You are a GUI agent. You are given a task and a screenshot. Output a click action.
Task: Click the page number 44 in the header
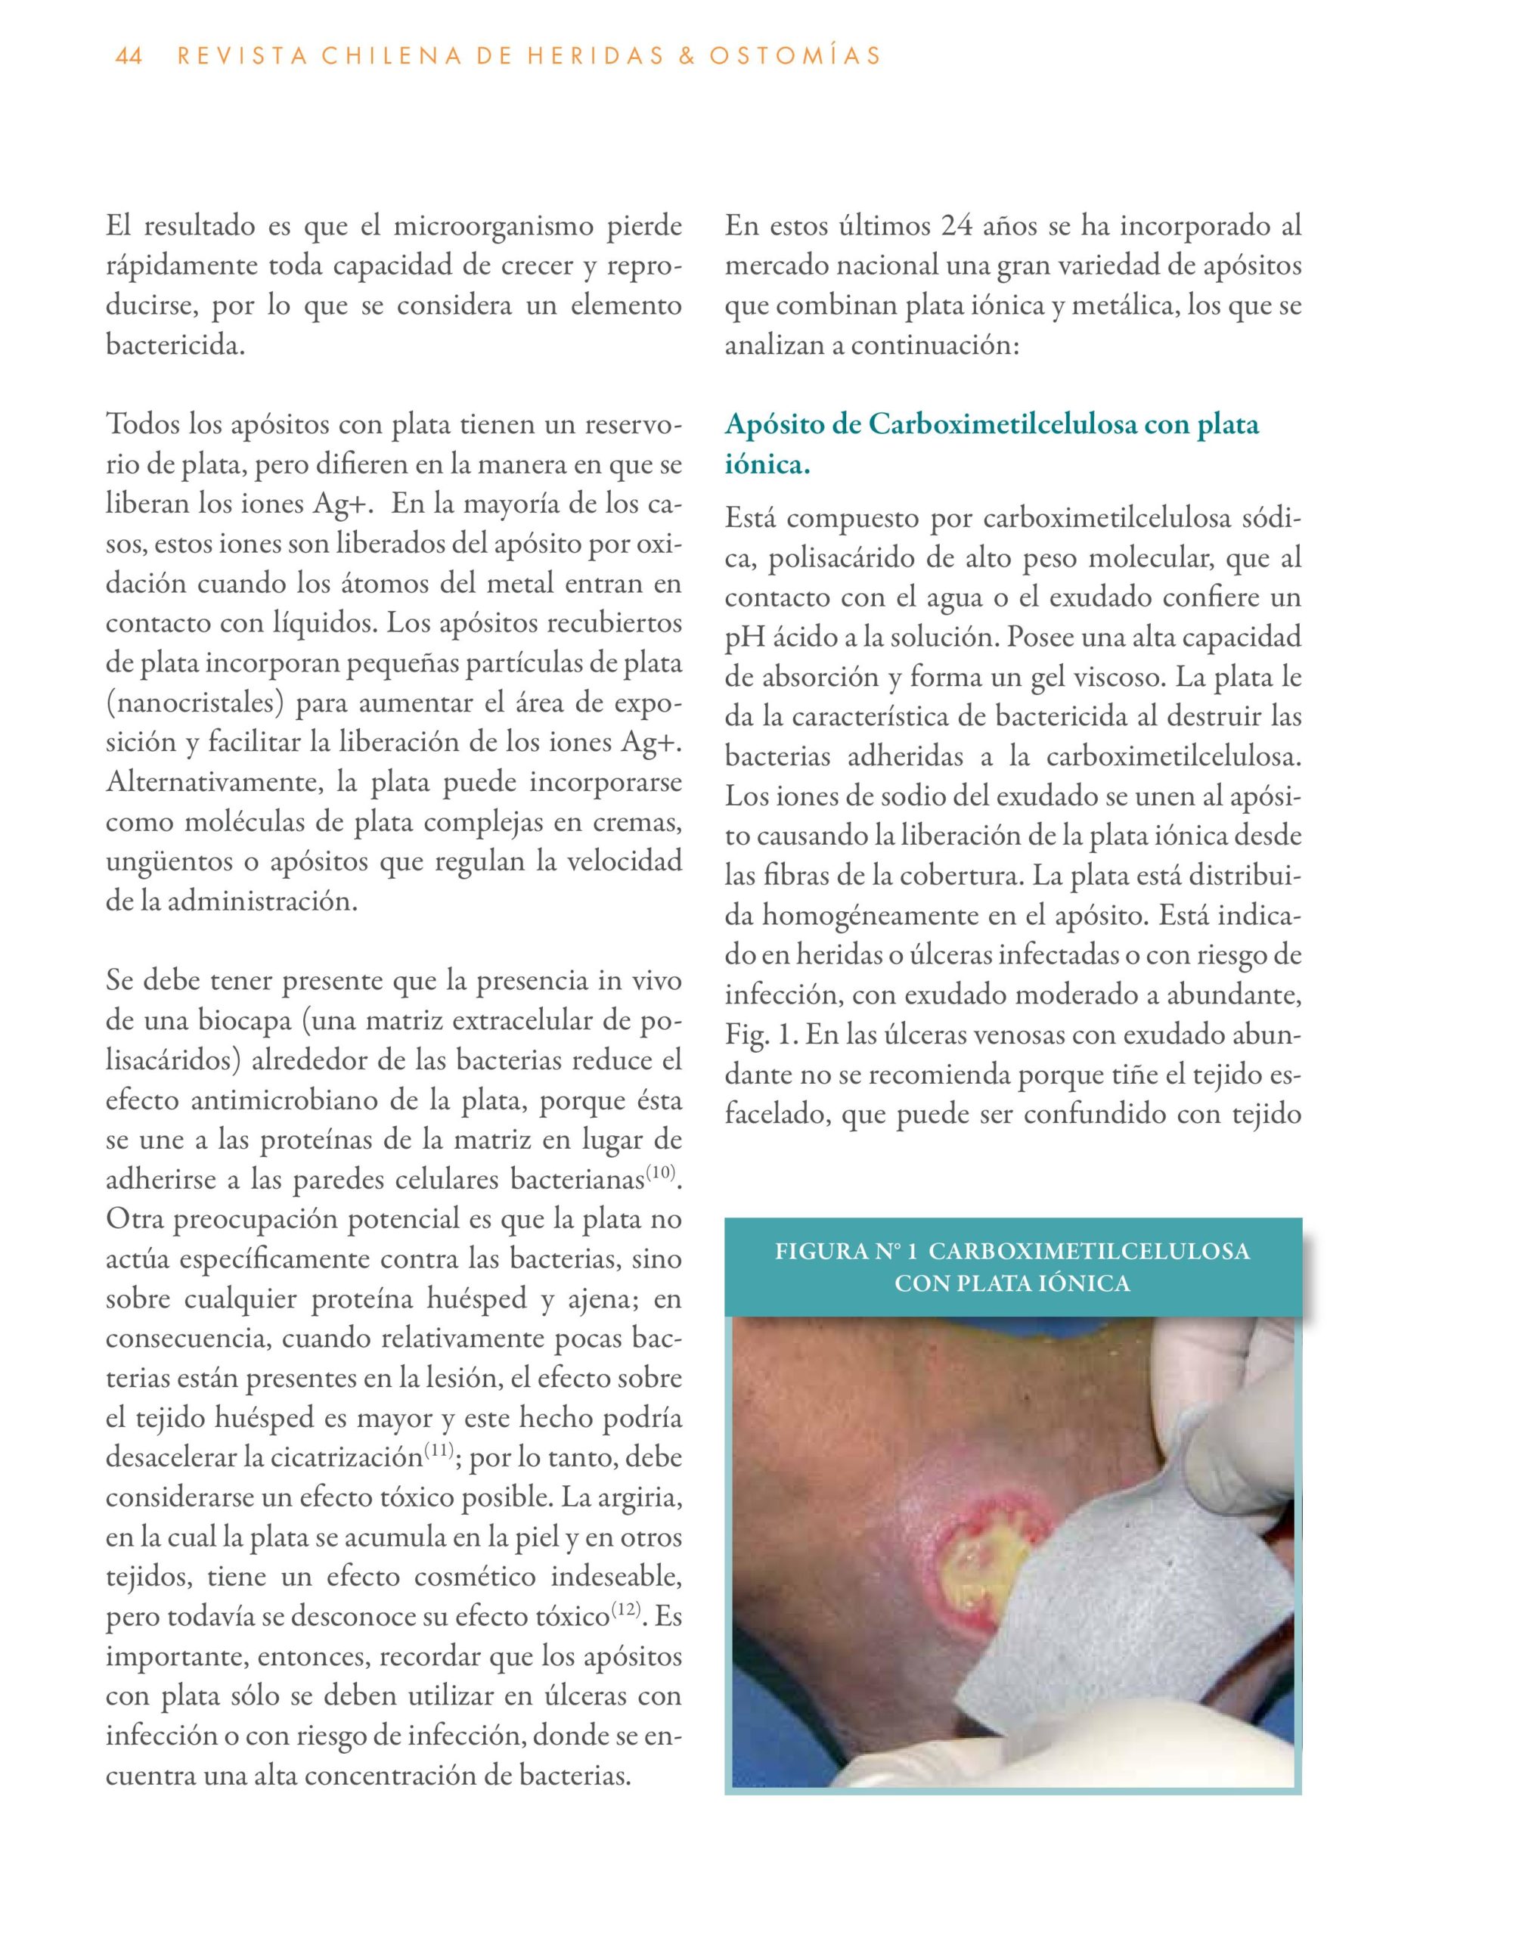pos(129,57)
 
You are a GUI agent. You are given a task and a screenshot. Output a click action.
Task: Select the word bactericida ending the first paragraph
pos(174,346)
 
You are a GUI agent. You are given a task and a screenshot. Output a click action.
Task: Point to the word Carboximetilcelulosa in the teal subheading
pos(1003,424)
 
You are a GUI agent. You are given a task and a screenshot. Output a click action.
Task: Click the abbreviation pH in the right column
pos(745,638)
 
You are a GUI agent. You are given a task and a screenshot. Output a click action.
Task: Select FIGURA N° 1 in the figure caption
pos(846,1252)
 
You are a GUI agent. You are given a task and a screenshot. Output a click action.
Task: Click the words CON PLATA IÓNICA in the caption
pos(1012,1283)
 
